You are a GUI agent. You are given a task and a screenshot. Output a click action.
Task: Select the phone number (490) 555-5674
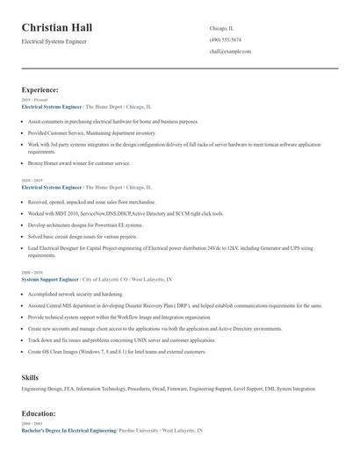tap(226, 40)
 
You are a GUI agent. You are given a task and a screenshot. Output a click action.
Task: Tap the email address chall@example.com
tap(230, 52)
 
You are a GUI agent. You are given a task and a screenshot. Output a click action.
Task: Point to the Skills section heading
tap(30, 377)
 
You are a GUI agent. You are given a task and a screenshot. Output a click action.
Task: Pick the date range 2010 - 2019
tap(31, 182)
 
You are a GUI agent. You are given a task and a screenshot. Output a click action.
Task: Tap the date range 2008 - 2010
tap(31, 273)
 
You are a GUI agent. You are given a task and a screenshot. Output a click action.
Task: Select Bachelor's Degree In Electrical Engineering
tap(68, 431)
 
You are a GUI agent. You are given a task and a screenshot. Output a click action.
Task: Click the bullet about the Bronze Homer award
tap(79, 163)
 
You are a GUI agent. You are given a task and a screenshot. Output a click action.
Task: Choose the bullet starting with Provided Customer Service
tap(84, 132)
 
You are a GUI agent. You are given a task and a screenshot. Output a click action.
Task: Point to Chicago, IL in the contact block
tap(220, 28)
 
